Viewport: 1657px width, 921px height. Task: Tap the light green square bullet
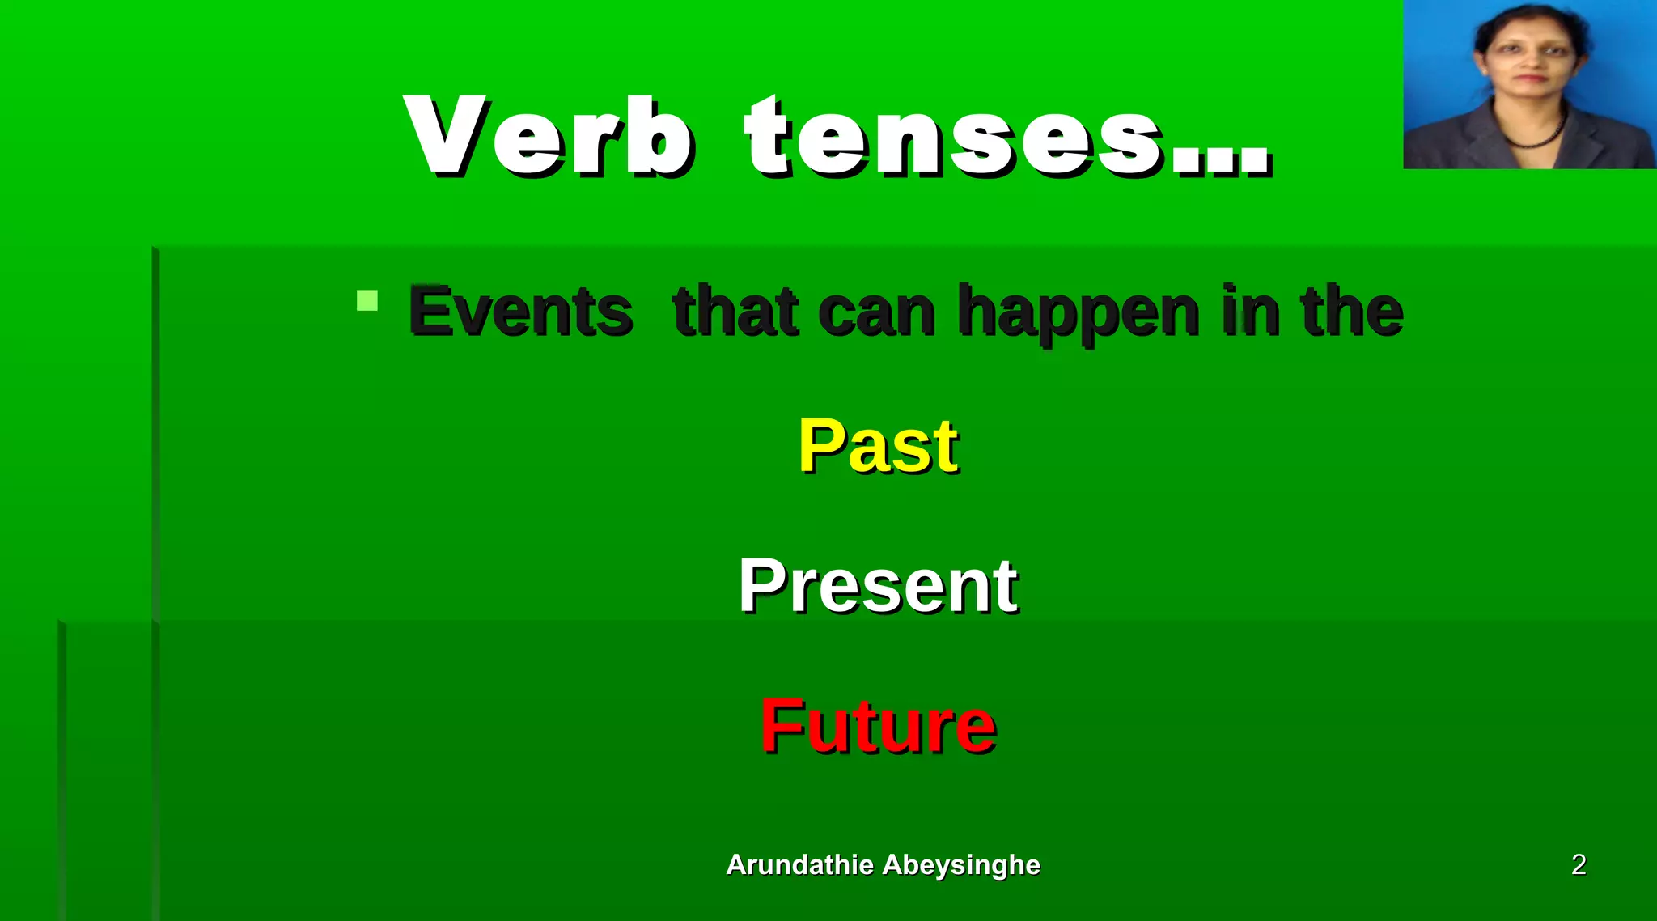click(x=367, y=301)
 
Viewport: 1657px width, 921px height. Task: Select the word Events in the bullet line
click(x=520, y=312)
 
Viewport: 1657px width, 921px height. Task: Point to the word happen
click(x=1078, y=314)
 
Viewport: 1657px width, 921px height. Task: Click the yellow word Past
click(x=879, y=446)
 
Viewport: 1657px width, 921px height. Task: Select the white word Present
click(x=878, y=586)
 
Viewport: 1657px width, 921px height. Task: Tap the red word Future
click(x=878, y=726)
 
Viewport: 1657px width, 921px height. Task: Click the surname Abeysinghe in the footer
click(x=961, y=864)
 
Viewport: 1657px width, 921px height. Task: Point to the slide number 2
click(x=1578, y=864)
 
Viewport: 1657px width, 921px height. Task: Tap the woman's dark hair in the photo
click(x=1529, y=16)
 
